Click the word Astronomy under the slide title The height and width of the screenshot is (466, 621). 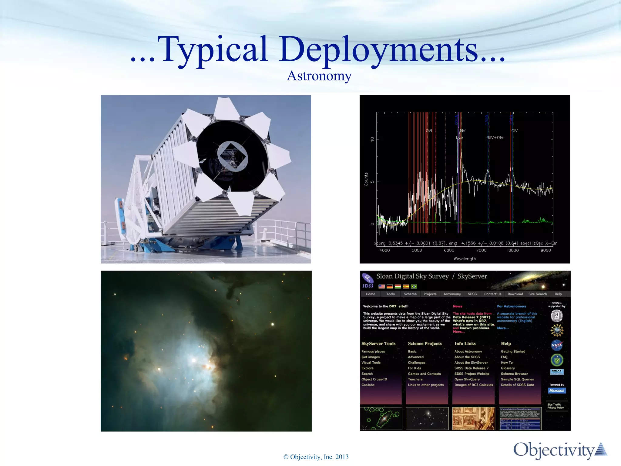[319, 76]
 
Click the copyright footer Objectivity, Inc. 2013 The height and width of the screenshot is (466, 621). [316, 457]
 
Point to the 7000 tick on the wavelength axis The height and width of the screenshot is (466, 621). [481, 250]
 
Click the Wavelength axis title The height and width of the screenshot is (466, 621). [465, 259]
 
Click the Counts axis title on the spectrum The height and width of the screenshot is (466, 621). [366, 179]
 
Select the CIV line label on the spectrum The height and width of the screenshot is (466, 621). [514, 131]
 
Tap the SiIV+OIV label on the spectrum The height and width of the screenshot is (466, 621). [495, 138]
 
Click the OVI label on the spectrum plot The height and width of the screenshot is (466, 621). [429, 131]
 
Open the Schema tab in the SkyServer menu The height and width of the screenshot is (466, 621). [410, 294]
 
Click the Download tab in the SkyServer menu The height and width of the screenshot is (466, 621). [515, 294]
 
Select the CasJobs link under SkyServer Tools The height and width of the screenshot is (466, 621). [368, 385]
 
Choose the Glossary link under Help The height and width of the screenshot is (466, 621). [508, 368]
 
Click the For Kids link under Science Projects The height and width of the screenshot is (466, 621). [414, 368]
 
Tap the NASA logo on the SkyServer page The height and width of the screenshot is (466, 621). [557, 345]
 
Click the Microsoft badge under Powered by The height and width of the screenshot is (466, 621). [557, 391]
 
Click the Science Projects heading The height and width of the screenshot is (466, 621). [425, 344]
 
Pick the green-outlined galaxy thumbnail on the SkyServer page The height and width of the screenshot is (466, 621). [381, 419]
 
